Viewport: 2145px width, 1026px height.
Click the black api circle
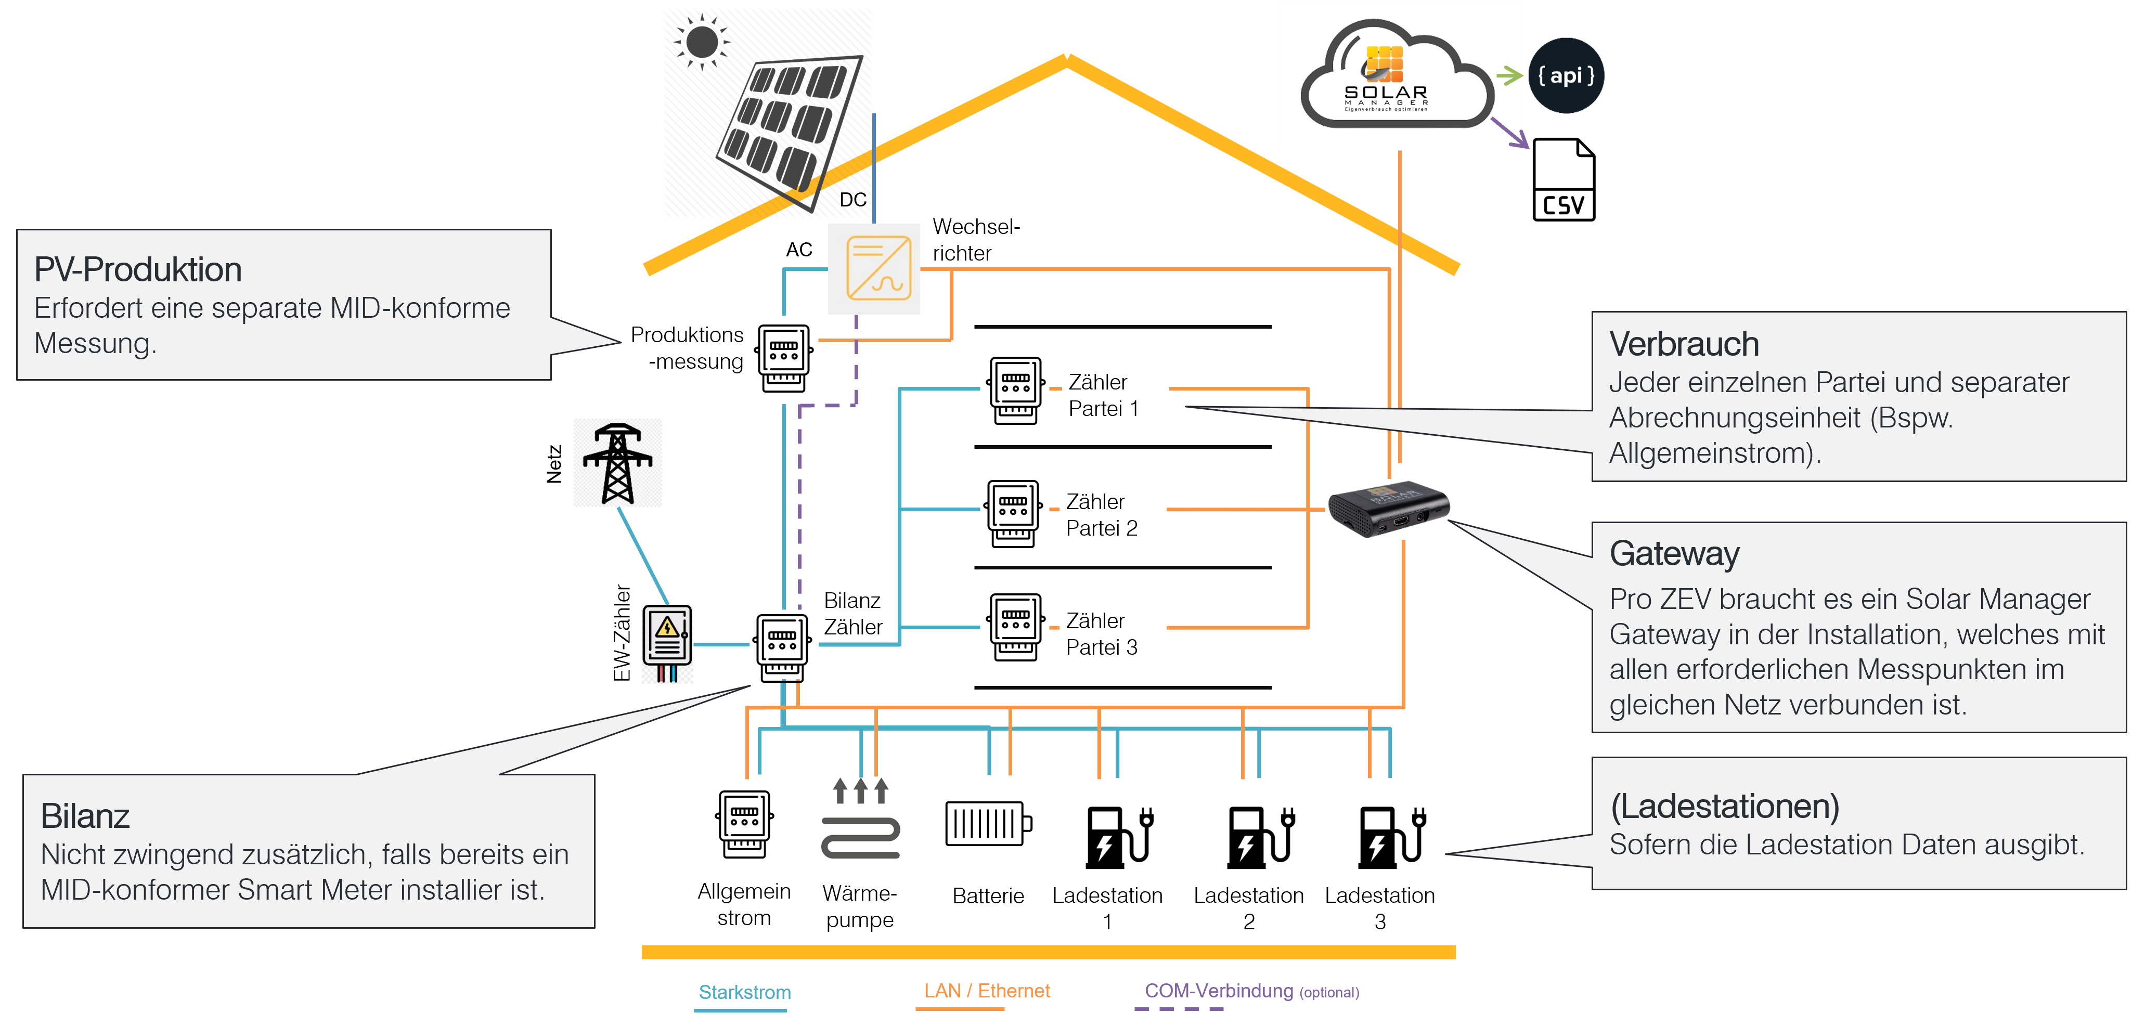tap(1566, 76)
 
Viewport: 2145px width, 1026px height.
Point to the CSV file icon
tap(1563, 180)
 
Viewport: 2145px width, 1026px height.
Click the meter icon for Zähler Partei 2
tap(1013, 512)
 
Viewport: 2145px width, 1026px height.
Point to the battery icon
tap(988, 824)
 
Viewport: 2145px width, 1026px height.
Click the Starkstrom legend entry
tap(744, 992)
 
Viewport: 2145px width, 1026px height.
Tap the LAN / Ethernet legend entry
tap(987, 990)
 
